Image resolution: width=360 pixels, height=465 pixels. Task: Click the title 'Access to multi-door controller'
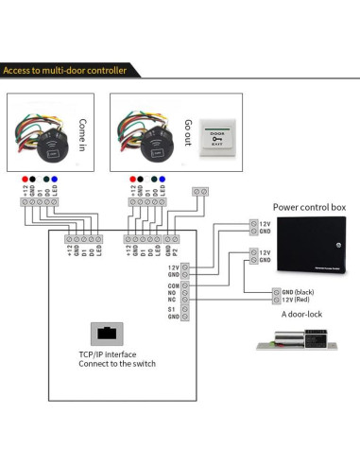(x=78, y=71)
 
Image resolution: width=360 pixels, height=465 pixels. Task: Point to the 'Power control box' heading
(x=310, y=207)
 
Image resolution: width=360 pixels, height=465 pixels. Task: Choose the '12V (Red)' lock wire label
(x=296, y=301)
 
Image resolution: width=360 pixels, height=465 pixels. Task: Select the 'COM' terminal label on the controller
(x=173, y=284)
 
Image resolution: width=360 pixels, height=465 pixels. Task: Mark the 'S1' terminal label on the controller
(x=173, y=308)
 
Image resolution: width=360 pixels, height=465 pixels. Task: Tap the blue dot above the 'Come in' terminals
(x=56, y=177)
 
